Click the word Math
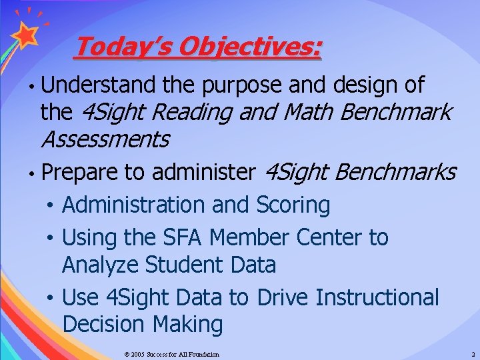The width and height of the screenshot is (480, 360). [x=309, y=112]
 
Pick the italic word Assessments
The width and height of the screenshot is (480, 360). [x=105, y=140]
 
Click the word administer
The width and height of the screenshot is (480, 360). [x=203, y=173]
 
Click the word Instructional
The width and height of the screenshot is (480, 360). [x=377, y=297]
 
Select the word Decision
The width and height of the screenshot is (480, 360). [x=104, y=325]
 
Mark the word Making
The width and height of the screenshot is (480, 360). [x=187, y=325]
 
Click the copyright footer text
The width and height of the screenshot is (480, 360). [x=171, y=354]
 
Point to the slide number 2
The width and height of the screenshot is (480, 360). [x=473, y=354]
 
